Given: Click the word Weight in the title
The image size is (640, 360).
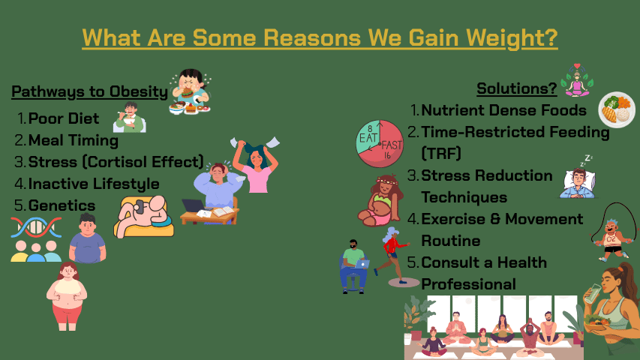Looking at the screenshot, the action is point(512,38).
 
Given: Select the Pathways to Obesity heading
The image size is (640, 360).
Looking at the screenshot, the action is point(90,91).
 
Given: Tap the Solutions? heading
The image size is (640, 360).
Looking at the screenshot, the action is point(517,88).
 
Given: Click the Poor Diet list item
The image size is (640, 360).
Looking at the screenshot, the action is point(64,118).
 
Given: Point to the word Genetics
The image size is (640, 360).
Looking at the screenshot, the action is point(62,205).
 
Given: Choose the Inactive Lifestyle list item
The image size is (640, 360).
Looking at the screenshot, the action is point(94,184).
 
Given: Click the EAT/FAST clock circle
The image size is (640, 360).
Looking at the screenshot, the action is point(380,144).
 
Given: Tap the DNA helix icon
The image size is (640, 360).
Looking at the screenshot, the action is point(36,227).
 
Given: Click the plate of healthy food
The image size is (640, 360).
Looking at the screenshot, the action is point(617,109).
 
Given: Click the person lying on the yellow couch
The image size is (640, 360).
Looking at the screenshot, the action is point(143,216).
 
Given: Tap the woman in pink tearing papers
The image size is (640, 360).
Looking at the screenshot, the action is point(257,165).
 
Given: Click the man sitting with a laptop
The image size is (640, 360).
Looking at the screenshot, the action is point(353,266).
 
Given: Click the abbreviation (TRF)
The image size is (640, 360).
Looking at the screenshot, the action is point(441,154).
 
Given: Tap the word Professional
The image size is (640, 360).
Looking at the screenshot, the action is point(469,284).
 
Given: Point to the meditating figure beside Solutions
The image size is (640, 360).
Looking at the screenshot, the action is point(577,80).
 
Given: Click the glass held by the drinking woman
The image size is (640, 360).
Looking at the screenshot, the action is point(592,293).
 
